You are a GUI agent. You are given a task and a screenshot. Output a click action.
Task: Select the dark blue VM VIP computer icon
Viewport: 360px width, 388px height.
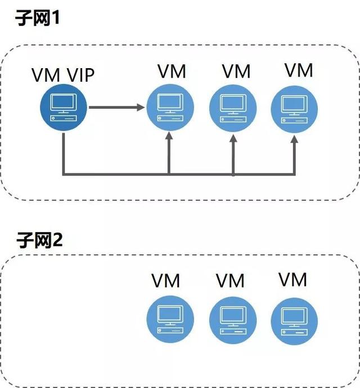pos(63,106)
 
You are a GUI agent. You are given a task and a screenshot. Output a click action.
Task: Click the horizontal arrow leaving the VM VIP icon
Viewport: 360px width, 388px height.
pos(115,106)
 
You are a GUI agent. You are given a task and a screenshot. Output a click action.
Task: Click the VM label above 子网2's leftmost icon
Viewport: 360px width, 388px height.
pos(166,280)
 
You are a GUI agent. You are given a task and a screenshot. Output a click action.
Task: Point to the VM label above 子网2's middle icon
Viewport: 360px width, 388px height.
pos(230,280)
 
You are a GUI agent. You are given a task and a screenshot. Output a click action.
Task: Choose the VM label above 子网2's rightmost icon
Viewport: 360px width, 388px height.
pos(293,279)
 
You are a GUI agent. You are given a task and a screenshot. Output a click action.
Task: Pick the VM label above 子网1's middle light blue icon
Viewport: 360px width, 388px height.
pos(236,72)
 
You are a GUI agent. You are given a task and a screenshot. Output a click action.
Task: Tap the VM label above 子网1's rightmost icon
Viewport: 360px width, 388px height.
pos(299,70)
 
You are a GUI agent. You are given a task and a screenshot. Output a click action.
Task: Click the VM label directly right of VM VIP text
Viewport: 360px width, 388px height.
pos(172,72)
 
